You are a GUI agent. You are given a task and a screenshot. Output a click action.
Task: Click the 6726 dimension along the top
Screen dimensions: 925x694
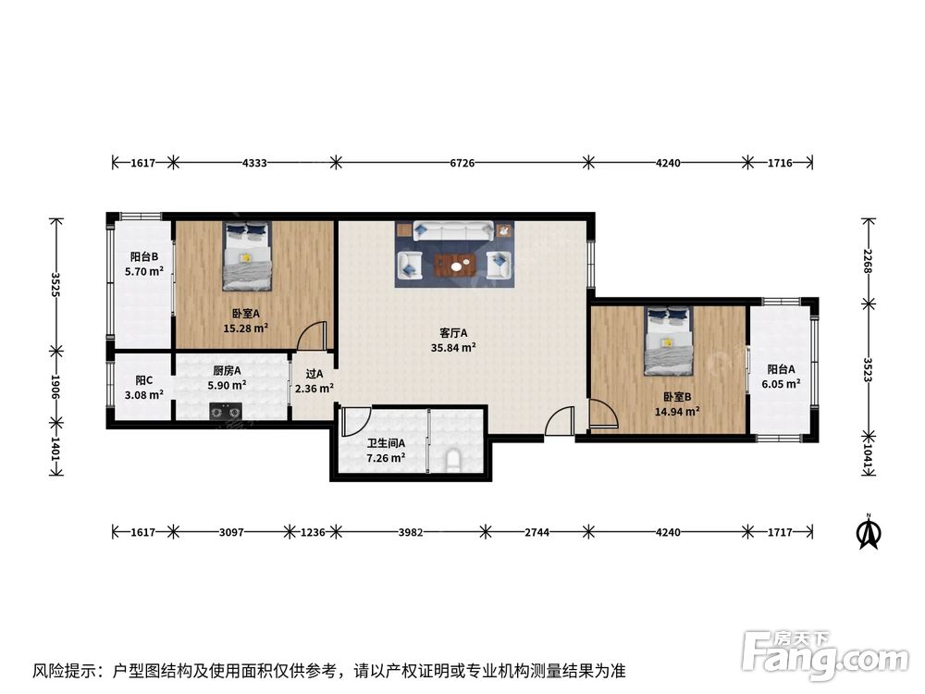click(462, 163)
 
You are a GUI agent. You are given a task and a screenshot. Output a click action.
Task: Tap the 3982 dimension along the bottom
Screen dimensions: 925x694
click(411, 532)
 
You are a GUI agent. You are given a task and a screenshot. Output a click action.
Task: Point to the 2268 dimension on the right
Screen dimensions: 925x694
click(868, 261)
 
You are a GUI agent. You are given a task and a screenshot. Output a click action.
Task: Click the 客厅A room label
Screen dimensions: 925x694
click(453, 333)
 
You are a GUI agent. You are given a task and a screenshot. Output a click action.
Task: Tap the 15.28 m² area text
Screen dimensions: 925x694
click(245, 328)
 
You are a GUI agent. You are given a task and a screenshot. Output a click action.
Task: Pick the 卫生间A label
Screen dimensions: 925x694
click(386, 443)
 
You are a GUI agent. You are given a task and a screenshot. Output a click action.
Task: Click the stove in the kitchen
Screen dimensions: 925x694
click(226, 411)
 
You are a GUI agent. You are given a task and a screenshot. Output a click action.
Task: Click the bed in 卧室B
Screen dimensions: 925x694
click(669, 341)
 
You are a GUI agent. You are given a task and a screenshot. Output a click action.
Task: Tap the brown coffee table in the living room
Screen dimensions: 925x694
click(456, 266)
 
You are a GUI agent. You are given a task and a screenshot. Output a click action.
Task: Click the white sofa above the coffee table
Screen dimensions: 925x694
click(453, 230)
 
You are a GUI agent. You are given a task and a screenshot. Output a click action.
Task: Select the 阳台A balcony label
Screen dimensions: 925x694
click(781, 369)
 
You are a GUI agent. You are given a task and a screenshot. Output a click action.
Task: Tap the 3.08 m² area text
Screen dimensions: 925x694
click(144, 395)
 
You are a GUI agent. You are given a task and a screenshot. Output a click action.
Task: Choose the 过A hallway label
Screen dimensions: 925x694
click(314, 374)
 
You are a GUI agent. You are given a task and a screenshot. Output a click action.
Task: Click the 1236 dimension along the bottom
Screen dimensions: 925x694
click(313, 532)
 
